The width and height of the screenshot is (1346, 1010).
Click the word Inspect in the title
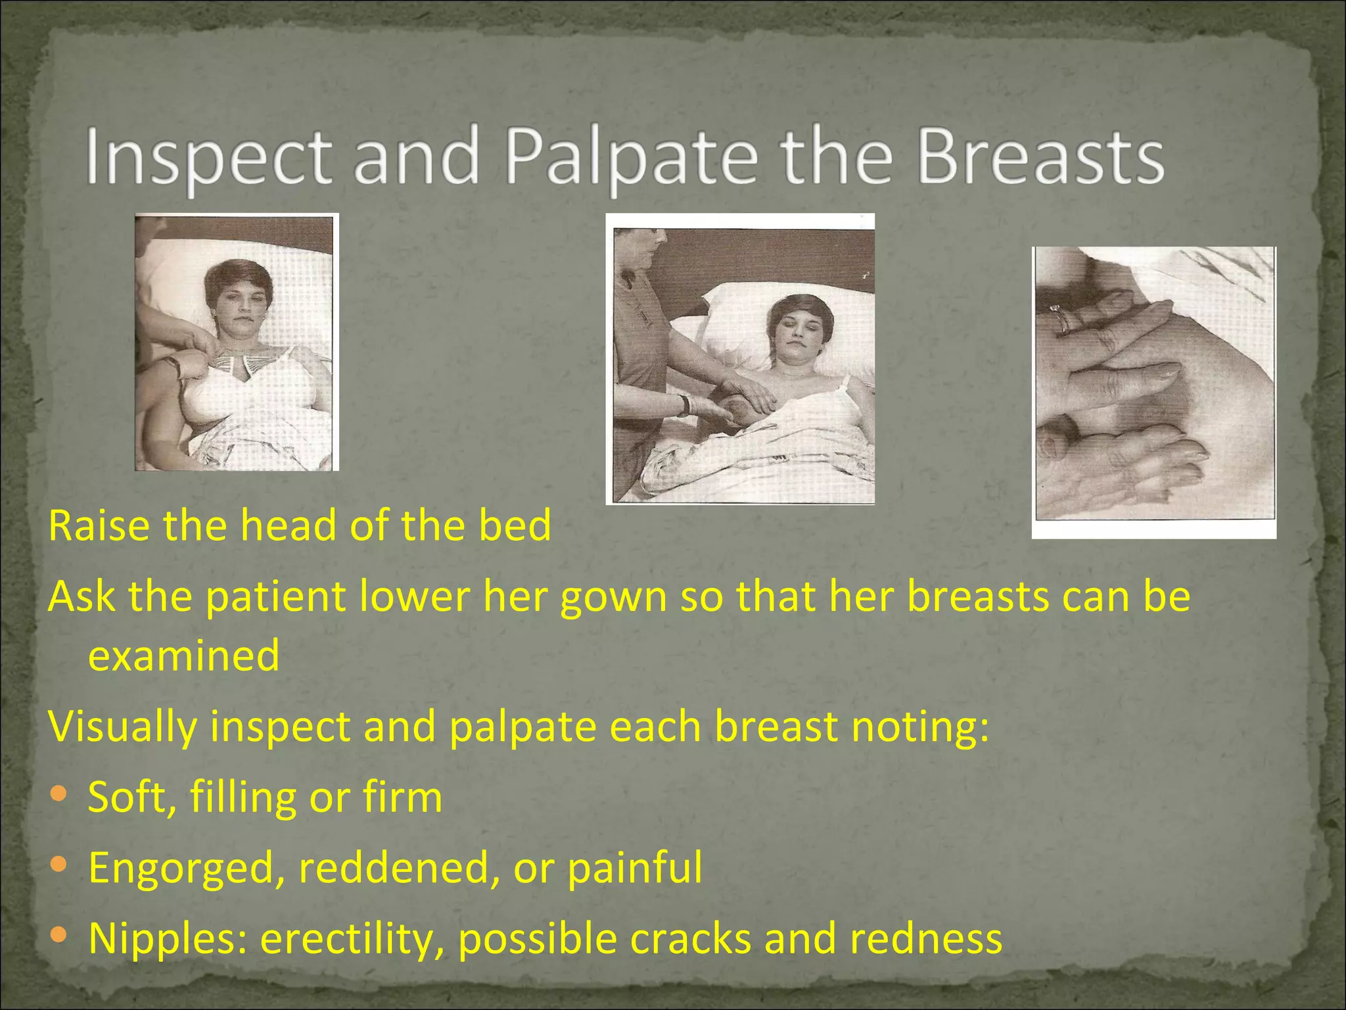(x=209, y=158)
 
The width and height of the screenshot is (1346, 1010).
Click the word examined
(x=184, y=656)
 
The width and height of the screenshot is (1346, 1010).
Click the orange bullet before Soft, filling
(x=58, y=795)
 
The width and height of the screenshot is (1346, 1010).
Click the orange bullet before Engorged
(x=58, y=865)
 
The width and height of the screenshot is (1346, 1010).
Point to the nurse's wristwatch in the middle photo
(x=685, y=404)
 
